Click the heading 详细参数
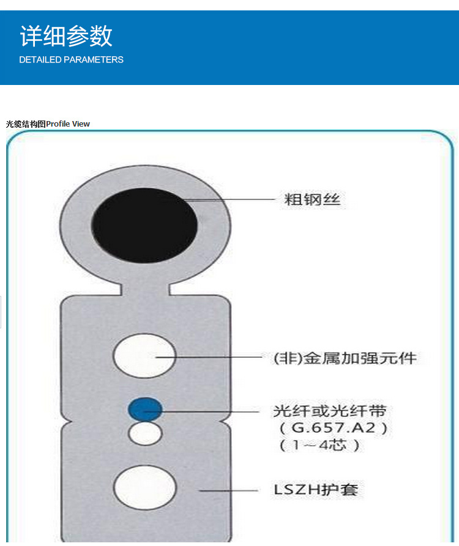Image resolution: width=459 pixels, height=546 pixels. [66, 36]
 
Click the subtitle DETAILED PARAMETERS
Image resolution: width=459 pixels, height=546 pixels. [71, 60]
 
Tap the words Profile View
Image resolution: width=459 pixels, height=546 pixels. [68, 124]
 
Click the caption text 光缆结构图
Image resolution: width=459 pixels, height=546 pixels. [26, 124]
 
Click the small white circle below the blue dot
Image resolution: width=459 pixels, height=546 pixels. [145, 433]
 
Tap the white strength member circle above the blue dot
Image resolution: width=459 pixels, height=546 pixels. [145, 356]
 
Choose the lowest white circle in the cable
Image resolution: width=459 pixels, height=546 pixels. [145, 487]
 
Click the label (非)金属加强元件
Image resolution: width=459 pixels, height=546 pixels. [345, 358]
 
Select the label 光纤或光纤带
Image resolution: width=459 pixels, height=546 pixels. [330, 410]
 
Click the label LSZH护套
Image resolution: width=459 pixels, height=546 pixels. [315, 490]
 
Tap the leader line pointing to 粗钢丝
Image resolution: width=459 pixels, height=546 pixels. [233, 199]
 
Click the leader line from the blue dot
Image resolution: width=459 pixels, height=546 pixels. [208, 411]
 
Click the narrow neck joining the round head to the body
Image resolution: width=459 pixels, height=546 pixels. [145, 286]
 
